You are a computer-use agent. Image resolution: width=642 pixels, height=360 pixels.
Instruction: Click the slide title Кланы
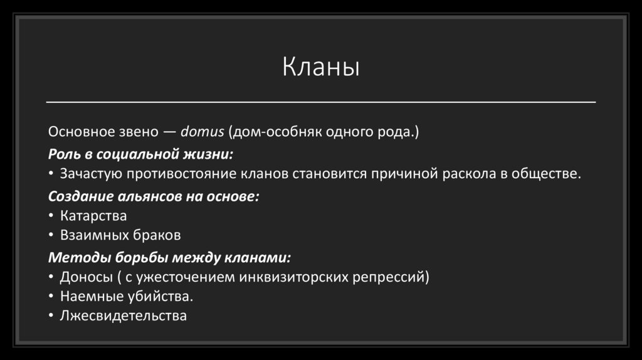[320, 67]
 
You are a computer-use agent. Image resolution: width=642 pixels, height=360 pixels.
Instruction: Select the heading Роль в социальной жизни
[141, 154]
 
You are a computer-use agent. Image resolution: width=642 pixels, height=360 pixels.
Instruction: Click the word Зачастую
[86, 174]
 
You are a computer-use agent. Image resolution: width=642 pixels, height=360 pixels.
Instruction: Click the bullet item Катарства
[93, 216]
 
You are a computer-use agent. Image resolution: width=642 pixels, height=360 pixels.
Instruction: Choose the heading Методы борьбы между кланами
[169, 257]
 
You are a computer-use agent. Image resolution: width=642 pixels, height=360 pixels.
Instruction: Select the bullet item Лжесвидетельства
[123, 315]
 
